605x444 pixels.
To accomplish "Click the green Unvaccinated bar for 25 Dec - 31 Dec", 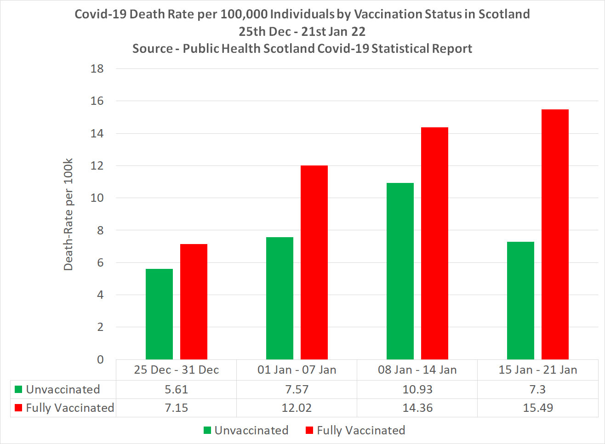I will (159, 314).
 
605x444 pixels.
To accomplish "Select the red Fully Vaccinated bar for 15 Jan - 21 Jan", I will (555, 234).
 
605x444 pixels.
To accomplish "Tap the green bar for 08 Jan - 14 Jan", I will (400, 271).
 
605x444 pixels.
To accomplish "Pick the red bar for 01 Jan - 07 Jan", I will (314, 262).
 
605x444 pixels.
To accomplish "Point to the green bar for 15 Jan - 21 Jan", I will (520, 301).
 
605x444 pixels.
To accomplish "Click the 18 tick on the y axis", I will (97, 69).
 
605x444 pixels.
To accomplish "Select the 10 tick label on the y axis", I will (97, 198).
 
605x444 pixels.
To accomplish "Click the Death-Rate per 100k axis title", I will (68, 214).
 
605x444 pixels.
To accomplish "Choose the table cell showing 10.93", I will (417, 390).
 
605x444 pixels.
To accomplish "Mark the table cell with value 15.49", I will (537, 408).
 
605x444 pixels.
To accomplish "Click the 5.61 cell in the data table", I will (176, 390).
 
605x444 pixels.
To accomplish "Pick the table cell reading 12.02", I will (297, 408).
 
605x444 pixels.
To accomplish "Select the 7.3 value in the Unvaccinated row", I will (537, 390).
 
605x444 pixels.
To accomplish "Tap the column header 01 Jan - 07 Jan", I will (297, 370).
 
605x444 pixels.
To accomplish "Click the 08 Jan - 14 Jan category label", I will (417, 370).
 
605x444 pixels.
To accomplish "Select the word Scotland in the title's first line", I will (504, 14).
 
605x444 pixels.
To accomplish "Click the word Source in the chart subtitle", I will (152, 49).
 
